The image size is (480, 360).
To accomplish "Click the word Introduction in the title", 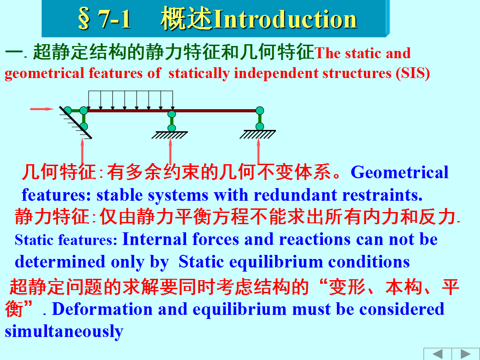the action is (285, 19).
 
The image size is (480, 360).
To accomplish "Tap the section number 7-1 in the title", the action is (115, 19).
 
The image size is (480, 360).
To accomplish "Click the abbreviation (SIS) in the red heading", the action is (413, 74).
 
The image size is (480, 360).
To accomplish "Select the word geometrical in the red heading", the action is (44, 74).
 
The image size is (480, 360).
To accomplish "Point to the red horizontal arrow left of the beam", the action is (42, 109).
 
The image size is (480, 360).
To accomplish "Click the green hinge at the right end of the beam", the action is (260, 111).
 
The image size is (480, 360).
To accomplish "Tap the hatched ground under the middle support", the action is (170, 135).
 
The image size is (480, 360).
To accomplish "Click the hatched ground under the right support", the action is (258, 134).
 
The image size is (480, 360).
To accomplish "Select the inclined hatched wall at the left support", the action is (75, 122).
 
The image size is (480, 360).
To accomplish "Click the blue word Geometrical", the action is (400, 172).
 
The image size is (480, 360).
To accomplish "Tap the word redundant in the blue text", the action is (295, 195).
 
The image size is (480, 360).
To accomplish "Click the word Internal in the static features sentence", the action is (154, 239).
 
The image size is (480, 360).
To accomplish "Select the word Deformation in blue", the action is (102, 309).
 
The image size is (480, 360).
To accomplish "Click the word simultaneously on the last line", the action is (64, 332).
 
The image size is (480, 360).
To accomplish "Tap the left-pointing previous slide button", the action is (438, 354).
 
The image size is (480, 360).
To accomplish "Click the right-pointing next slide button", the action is (466, 354).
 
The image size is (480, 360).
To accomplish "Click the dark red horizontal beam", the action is (172, 111).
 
